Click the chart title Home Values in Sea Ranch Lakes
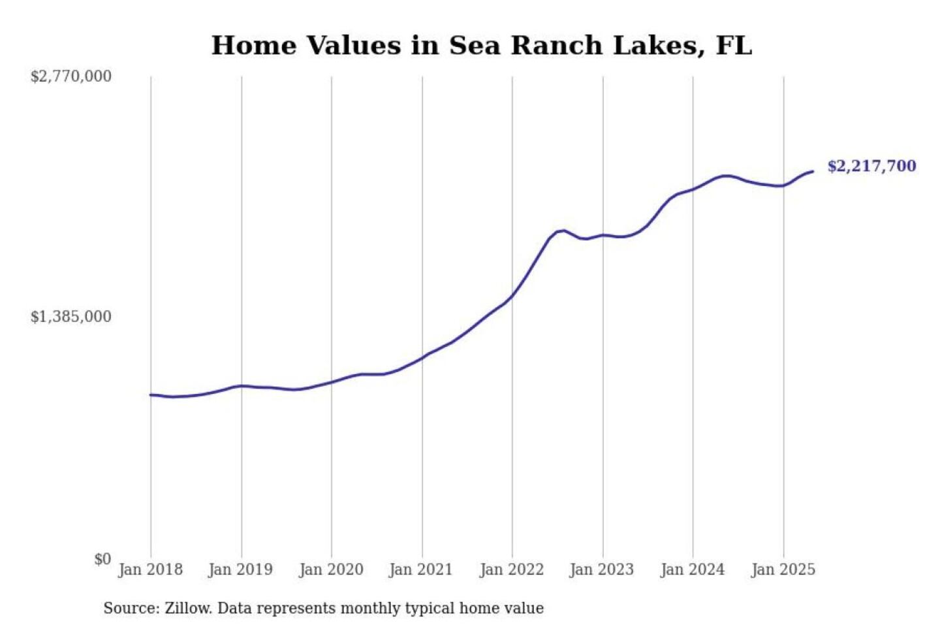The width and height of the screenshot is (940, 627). point(482,46)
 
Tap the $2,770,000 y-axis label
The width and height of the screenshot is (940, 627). point(71,76)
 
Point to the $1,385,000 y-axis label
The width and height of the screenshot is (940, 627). point(71,317)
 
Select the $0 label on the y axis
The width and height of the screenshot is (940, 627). point(102,559)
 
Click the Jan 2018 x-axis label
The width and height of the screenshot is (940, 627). point(150,570)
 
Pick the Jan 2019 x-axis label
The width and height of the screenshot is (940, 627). point(240,570)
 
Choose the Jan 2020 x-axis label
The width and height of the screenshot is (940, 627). point(331,570)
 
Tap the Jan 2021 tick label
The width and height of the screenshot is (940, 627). point(421,570)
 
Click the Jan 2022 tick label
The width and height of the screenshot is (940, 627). point(512,570)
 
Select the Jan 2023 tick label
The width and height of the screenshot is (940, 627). point(602,570)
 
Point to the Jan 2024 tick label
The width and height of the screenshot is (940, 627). point(693,570)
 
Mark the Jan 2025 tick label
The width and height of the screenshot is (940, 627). point(783,570)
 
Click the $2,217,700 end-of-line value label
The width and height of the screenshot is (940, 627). point(871,166)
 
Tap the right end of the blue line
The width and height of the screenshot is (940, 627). point(813,172)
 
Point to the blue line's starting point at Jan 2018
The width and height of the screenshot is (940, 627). point(151,394)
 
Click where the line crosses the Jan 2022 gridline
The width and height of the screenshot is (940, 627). point(512,296)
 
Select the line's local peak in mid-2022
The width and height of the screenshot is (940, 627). point(563,230)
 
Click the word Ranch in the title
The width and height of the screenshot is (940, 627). point(556,46)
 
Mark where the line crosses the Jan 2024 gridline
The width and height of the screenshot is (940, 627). point(693,189)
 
